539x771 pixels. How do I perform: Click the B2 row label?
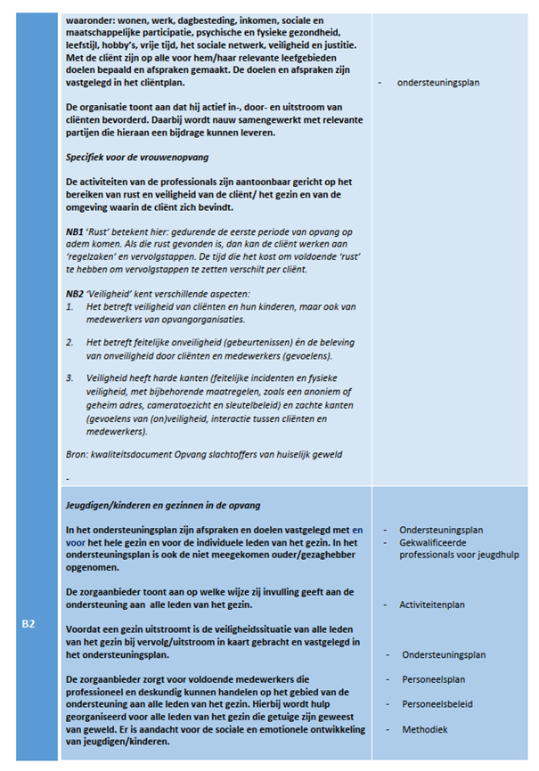coord(29,624)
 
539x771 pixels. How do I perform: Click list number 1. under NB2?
coord(70,306)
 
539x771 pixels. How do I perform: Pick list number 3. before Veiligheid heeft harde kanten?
coord(70,378)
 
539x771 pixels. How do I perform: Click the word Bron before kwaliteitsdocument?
coord(78,454)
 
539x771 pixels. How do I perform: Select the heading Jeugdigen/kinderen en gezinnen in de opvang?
coord(163,505)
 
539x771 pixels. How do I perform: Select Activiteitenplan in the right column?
coord(432,605)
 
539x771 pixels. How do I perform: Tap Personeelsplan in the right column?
coord(433,679)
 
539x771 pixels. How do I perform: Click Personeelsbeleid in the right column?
coord(437,704)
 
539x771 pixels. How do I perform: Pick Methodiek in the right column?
coord(425,729)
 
